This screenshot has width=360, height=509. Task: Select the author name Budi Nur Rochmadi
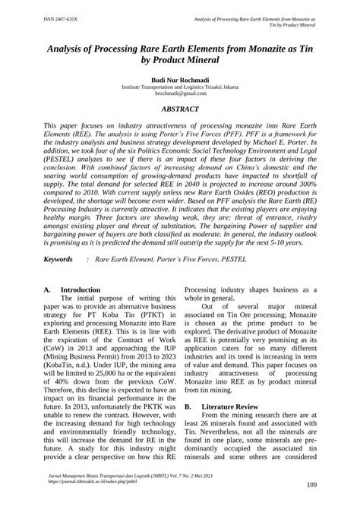coord(179,79)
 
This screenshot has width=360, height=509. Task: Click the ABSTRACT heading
coord(179,110)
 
